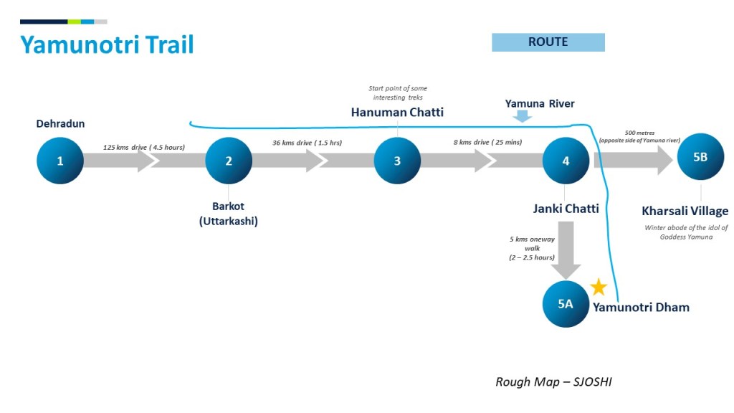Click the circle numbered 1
(60, 161)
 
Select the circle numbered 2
(229, 161)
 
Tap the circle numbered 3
(397, 161)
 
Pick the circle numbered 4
(566, 161)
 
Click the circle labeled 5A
(566, 303)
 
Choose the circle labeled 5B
(700, 157)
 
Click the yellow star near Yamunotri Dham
(599, 288)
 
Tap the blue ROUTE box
(548, 42)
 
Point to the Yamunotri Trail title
(107, 44)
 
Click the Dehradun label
(60, 124)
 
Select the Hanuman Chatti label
(397, 113)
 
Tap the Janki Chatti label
(566, 209)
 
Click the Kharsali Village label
(685, 211)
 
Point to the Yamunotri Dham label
(641, 308)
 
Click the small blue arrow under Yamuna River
(522, 115)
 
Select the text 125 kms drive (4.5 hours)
(144, 147)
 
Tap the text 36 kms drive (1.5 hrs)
(307, 143)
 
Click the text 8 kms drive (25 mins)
(487, 143)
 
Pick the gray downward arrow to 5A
(566, 251)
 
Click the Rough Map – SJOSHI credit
(553, 382)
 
